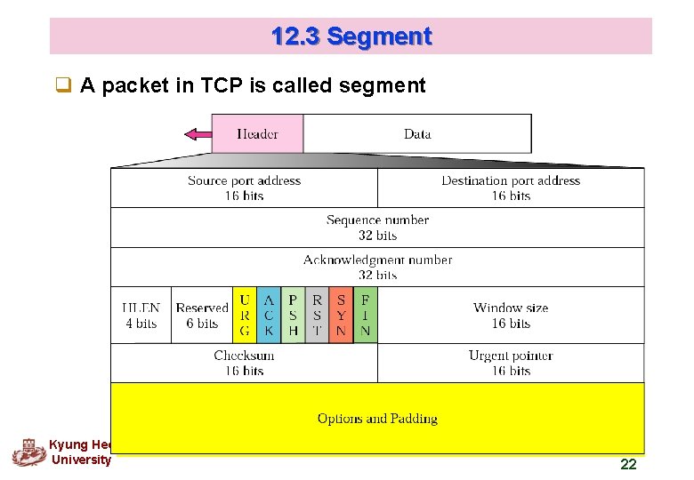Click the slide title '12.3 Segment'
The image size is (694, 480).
tap(351, 36)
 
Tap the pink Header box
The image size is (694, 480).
tap(257, 134)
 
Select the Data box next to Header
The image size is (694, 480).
tap(417, 134)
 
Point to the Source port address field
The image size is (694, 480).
tap(244, 188)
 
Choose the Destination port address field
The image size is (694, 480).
tap(511, 188)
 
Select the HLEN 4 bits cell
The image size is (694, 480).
tap(141, 316)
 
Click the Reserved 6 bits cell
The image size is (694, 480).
tap(202, 316)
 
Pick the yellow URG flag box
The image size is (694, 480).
tap(245, 316)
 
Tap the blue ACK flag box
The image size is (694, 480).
tap(269, 316)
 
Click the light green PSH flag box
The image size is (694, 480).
tap(293, 316)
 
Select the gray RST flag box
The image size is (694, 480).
tap(317, 316)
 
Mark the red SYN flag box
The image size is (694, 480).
tap(341, 316)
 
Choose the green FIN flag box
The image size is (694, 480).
tap(365, 316)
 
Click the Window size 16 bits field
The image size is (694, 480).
tap(511, 316)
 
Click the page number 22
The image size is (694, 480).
tap(628, 464)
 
